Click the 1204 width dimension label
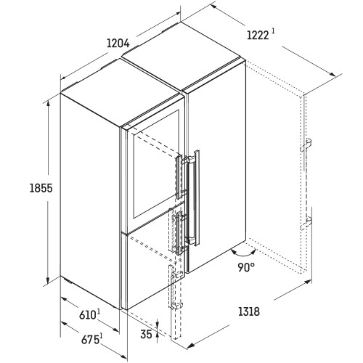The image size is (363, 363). click(x=118, y=44)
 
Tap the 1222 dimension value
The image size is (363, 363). click(x=258, y=36)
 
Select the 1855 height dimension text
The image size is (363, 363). click(x=41, y=188)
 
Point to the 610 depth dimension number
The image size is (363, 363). click(x=87, y=315)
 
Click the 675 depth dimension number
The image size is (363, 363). click(x=90, y=340)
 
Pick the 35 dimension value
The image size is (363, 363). click(x=146, y=334)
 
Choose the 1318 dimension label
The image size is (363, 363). click(x=249, y=311)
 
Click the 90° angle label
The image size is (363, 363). click(x=246, y=267)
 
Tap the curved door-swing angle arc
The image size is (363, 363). click(x=243, y=255)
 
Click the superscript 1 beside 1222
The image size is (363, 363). click(x=273, y=31)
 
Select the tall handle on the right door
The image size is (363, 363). click(x=193, y=197)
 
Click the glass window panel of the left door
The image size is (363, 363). click(x=156, y=164)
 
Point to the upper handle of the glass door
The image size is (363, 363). click(x=180, y=176)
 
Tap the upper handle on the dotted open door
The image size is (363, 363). click(x=306, y=145)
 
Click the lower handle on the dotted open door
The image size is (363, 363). click(x=306, y=224)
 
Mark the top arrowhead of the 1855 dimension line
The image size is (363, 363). click(x=49, y=103)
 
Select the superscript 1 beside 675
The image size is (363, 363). click(x=101, y=336)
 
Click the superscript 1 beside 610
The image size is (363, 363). click(x=99, y=312)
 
